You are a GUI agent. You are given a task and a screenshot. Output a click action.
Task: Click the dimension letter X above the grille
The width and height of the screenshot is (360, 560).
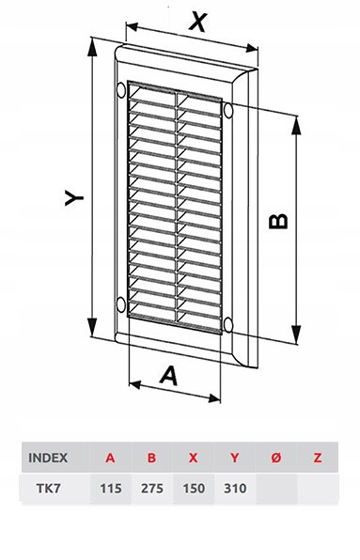198,22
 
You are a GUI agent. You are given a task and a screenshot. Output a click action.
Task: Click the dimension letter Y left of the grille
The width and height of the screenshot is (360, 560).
74,197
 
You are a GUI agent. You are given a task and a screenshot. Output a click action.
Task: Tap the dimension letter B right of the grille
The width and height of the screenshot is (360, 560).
278,222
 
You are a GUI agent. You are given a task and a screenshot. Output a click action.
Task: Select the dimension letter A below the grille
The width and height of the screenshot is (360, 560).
168,376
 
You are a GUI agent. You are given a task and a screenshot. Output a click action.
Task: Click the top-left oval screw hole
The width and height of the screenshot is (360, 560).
121,90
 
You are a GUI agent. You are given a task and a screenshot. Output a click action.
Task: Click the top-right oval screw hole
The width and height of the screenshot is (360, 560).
228,110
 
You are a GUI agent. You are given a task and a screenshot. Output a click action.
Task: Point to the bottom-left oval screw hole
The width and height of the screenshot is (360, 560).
121,304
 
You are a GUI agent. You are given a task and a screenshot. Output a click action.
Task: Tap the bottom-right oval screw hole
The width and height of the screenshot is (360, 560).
227,325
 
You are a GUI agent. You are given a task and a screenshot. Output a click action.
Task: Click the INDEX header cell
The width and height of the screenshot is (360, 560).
48,458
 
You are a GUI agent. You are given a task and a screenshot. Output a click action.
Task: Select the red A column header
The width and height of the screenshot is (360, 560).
110,458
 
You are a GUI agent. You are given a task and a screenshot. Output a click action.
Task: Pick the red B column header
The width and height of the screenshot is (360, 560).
151,458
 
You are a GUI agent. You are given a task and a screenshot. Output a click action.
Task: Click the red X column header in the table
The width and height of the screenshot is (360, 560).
194,458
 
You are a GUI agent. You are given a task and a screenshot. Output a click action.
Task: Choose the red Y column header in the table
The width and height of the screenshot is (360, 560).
235,458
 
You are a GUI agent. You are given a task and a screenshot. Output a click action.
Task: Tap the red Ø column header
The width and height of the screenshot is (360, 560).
276,458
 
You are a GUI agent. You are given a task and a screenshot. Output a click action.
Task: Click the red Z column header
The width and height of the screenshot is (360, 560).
318,458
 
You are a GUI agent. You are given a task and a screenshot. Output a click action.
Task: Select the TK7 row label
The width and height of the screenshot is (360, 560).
49,489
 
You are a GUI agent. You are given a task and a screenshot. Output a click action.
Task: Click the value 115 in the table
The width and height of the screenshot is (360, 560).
111,489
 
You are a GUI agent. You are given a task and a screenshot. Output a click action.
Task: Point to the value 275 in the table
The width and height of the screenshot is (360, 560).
152,489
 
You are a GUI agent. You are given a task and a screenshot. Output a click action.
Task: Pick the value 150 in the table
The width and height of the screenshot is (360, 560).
194,489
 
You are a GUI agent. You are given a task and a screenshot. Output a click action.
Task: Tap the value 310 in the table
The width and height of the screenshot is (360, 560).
235,489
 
